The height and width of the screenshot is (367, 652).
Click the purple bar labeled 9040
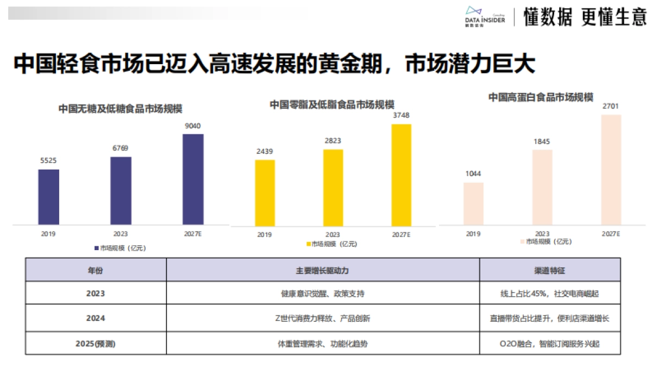coord(193,179)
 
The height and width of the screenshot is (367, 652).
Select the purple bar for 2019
coord(48,196)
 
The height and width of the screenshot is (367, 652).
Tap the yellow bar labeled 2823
coord(333,187)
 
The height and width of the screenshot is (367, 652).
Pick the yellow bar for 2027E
coord(401,175)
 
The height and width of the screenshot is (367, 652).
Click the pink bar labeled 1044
coord(473,203)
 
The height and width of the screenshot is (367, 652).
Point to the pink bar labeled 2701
coord(611,169)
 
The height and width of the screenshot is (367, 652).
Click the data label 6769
coord(121,148)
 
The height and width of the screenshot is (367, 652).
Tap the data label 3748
coord(401,115)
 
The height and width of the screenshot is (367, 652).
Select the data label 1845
coord(541,141)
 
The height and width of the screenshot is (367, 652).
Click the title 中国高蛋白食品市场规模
coord(541,97)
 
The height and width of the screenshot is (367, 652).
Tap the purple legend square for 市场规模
coord(97,248)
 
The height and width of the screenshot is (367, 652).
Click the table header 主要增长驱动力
coord(323,270)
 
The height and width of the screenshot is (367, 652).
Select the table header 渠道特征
coord(550,270)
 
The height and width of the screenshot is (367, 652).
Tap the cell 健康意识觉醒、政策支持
coord(323,294)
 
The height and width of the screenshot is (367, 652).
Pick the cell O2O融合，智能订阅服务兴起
coord(550,344)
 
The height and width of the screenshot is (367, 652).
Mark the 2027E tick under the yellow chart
coord(401,234)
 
